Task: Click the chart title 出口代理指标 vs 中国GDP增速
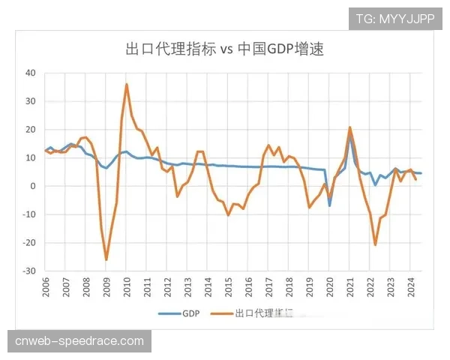pos(224,49)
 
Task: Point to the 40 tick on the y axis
pos(31,73)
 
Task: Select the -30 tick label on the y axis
pos(29,271)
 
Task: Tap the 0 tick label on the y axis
pos(33,186)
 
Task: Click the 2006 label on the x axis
pos(46,288)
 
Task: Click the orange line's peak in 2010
pos(127,84)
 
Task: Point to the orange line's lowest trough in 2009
pos(106,259)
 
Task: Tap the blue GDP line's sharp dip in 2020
pos(329,205)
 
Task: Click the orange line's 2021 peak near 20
pos(350,127)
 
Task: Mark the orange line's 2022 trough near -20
pos(375,244)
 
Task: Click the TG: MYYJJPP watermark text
pos(395,18)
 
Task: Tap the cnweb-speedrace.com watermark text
pos(79,341)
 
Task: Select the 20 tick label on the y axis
pos(31,129)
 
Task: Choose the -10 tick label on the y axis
pos(29,214)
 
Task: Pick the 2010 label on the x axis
pos(127,288)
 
